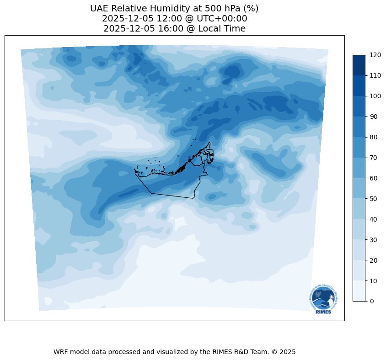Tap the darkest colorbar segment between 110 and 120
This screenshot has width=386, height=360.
pos(359,65)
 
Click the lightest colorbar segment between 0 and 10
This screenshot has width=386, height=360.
pos(359,291)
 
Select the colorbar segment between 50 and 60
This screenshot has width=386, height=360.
pos(359,188)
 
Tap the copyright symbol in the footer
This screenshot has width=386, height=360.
pos(274,352)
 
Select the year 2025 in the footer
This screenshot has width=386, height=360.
pos(288,352)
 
